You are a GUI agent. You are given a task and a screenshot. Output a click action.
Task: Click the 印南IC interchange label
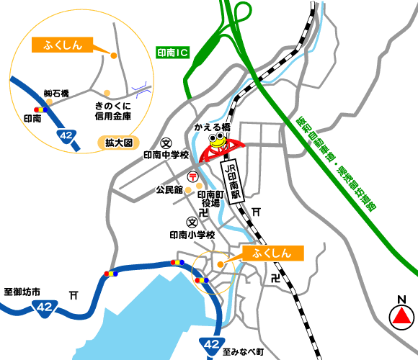[172, 53]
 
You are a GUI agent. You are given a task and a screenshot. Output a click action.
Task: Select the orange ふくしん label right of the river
[275, 253]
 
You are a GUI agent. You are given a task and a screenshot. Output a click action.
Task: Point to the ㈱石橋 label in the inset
[55, 94]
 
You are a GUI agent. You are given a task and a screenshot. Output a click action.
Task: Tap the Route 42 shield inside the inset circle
[67, 137]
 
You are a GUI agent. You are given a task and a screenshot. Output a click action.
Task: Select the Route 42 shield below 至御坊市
[44, 307]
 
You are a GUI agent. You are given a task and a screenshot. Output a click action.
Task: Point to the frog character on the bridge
[216, 135]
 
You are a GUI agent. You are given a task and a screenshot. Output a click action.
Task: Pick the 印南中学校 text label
[166, 156]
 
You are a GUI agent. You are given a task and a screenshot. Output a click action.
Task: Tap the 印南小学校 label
[192, 235]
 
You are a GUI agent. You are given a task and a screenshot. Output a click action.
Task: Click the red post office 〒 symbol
[193, 177]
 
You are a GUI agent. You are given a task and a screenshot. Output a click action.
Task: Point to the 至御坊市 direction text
[23, 292]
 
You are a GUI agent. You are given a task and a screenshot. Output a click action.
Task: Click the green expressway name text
[337, 163]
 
